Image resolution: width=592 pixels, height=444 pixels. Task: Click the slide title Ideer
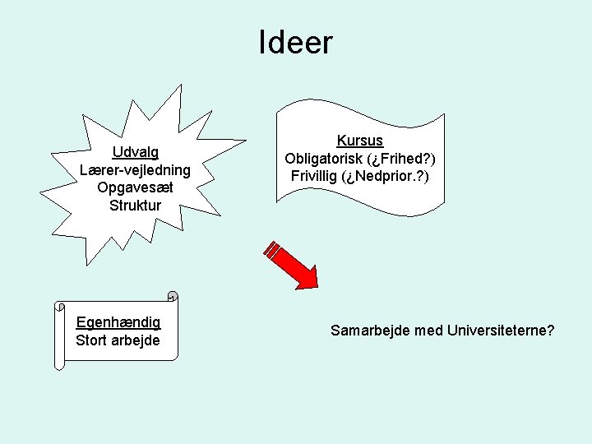click(x=295, y=43)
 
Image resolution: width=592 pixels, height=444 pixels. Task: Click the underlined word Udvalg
click(x=136, y=152)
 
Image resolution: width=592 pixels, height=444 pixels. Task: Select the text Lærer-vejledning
click(x=136, y=170)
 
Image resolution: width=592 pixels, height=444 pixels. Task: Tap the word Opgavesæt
click(x=136, y=187)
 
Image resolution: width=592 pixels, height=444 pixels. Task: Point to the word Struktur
click(x=136, y=205)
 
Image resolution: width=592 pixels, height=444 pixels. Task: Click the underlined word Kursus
click(x=360, y=141)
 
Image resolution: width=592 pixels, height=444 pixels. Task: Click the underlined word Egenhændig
click(x=118, y=322)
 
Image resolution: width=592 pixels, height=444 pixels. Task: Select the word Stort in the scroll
click(x=91, y=340)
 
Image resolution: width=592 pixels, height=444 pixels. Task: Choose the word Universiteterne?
click(x=502, y=331)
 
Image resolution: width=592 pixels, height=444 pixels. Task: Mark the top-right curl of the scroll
click(x=172, y=296)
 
